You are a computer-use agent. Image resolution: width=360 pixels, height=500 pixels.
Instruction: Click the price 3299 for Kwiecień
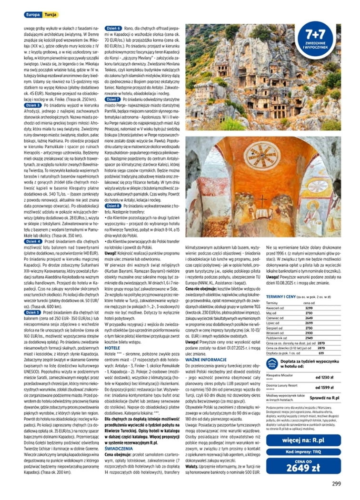point(309,308)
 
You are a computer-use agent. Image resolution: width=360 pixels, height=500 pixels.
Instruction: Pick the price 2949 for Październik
point(309,338)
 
